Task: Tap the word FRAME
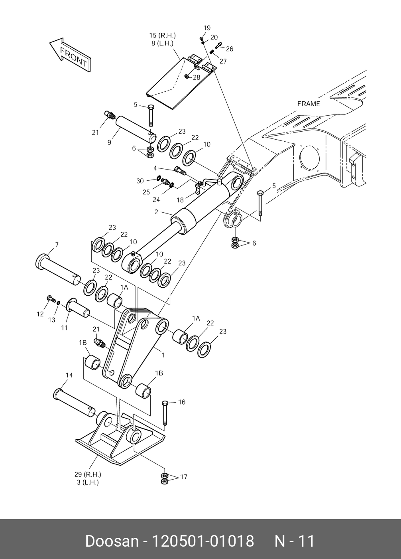(x=309, y=104)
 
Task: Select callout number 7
(x=57, y=245)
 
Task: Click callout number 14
(x=69, y=375)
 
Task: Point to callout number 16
(x=181, y=402)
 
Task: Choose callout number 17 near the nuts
(x=183, y=477)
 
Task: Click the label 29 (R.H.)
(x=88, y=474)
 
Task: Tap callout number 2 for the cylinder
(x=157, y=212)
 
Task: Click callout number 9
(x=109, y=142)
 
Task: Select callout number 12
(x=40, y=314)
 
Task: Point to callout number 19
(x=206, y=28)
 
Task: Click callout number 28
(x=197, y=78)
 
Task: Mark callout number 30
(x=140, y=181)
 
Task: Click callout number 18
(x=180, y=200)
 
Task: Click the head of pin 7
(x=41, y=261)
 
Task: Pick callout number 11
(x=65, y=328)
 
